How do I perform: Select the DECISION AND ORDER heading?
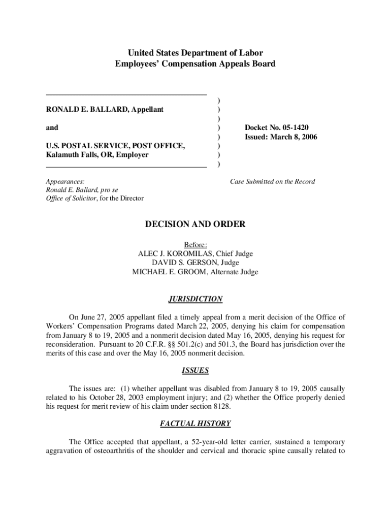[195, 224]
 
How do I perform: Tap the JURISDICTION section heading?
[195, 299]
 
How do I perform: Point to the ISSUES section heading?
[195, 371]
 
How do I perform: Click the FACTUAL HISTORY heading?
[195, 424]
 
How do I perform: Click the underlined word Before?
[195, 245]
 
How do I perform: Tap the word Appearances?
[65, 181]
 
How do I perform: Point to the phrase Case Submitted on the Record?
[272, 181]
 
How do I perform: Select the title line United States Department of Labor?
[195, 53]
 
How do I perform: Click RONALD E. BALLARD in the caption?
[84, 110]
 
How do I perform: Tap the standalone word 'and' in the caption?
[52, 127]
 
